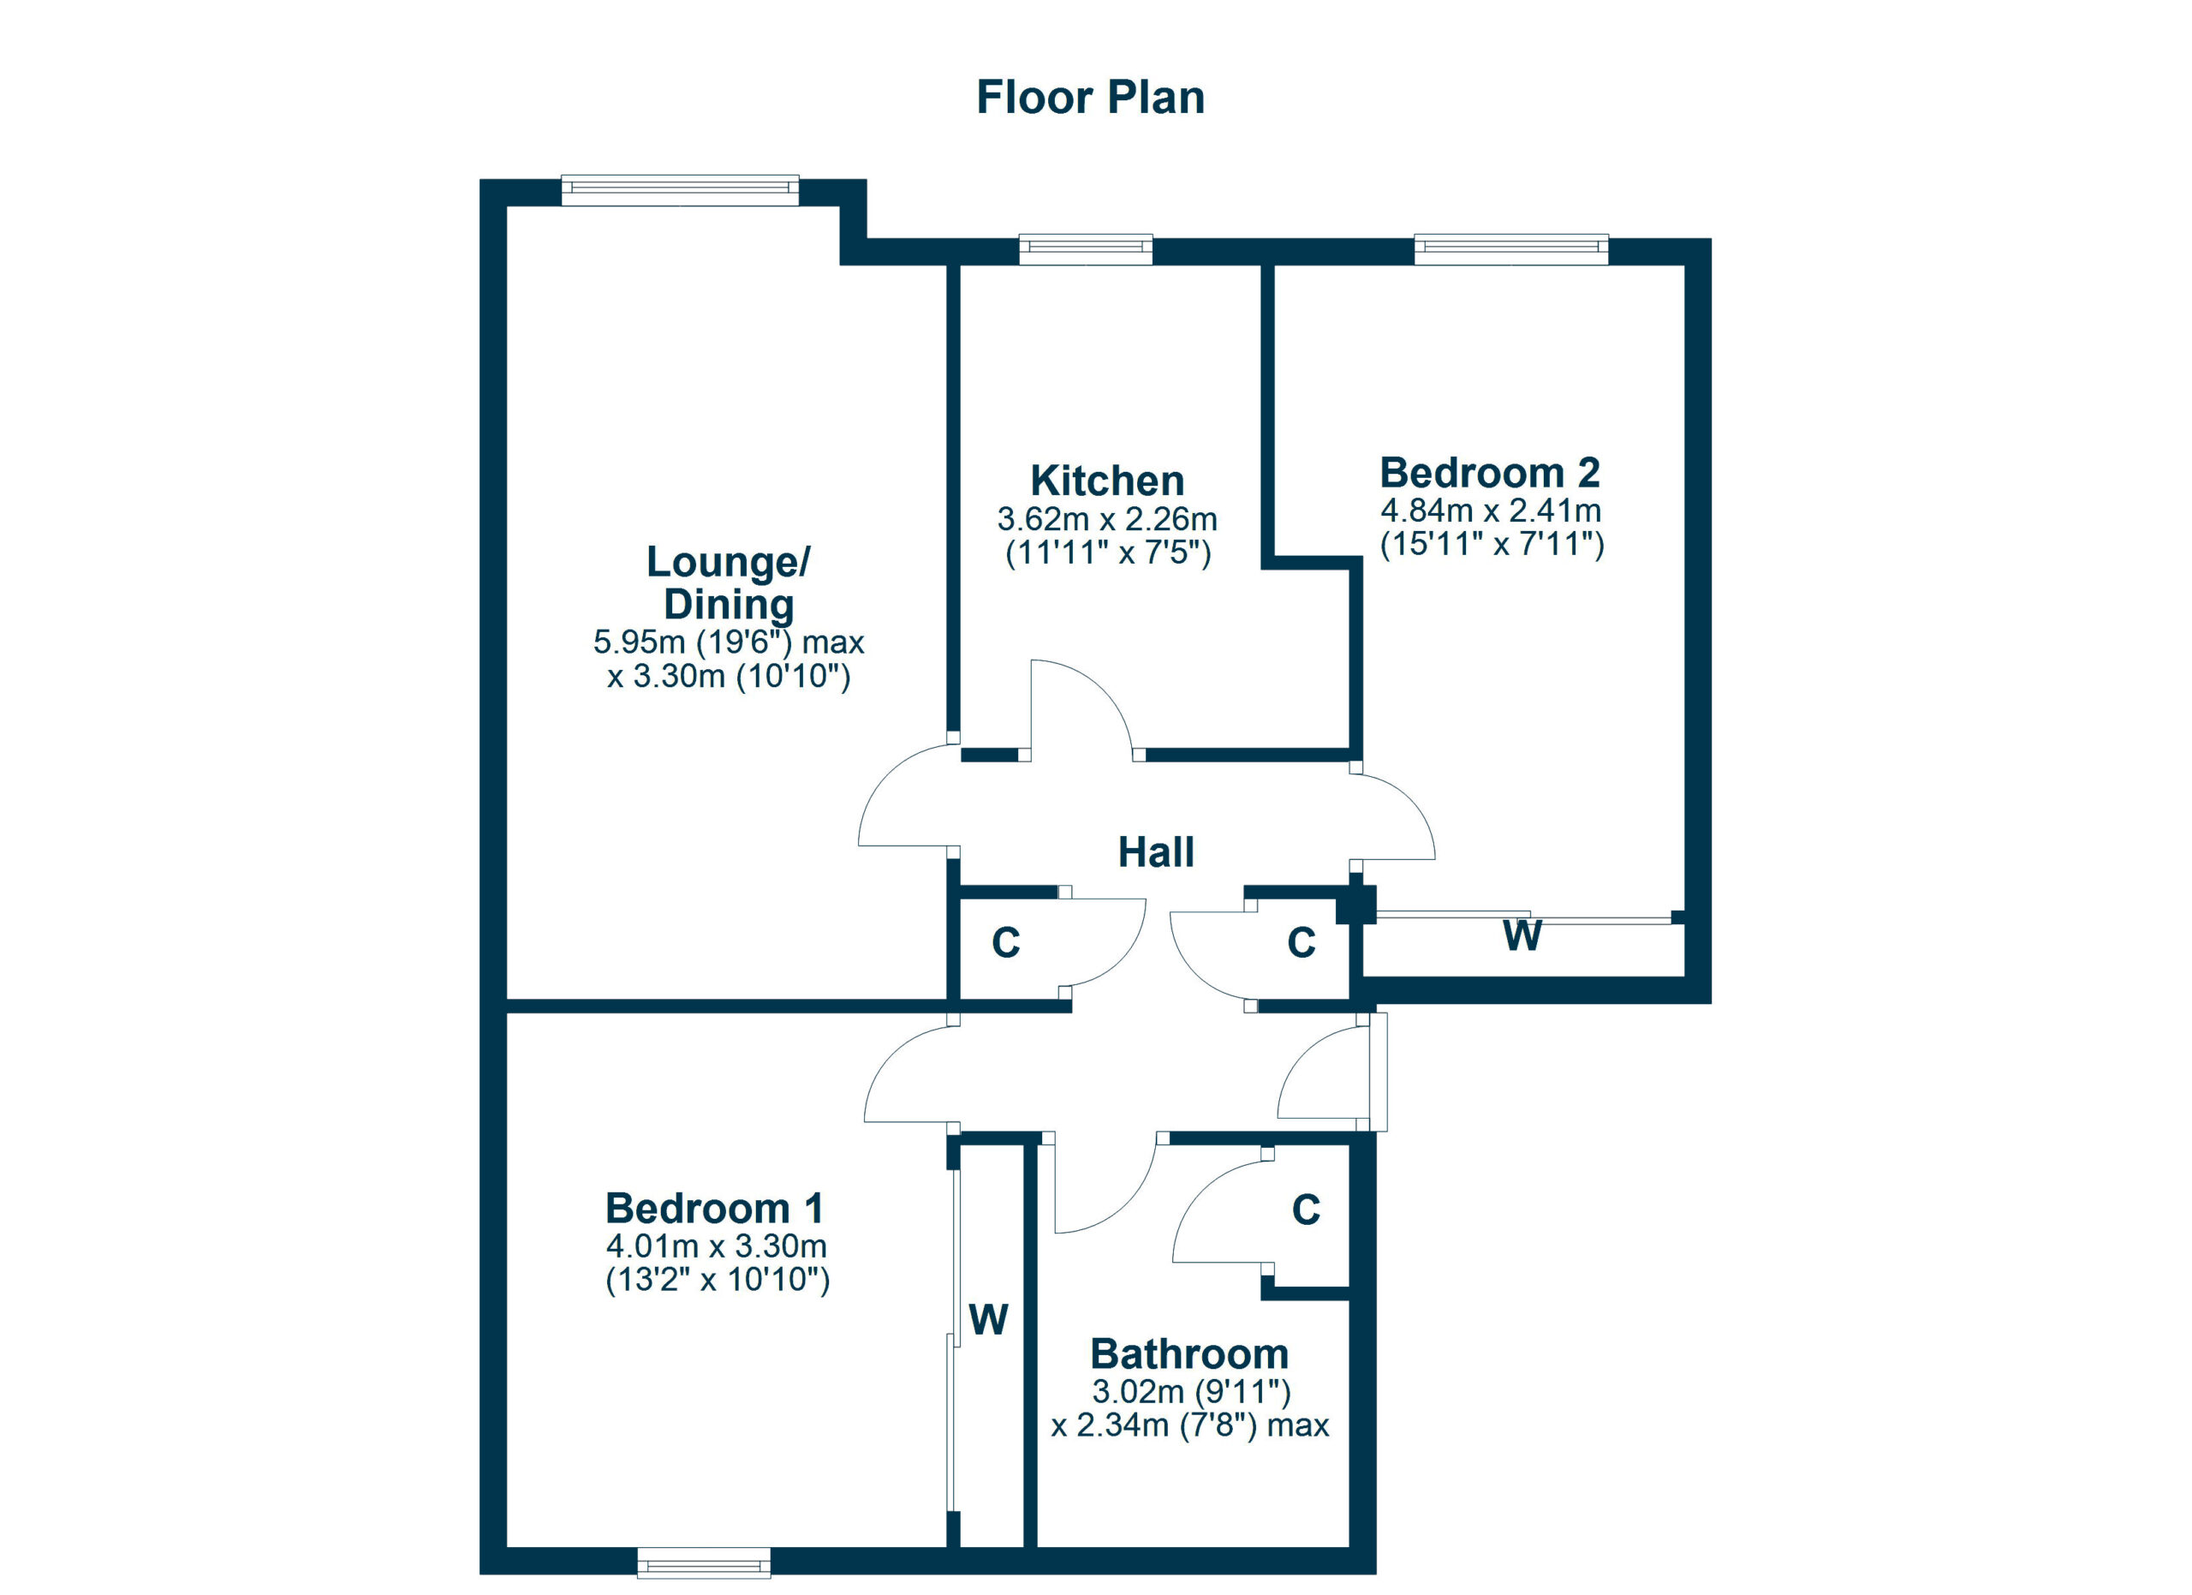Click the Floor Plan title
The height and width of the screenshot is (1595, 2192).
[x=1090, y=98]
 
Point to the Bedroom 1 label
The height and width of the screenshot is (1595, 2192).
[x=714, y=1209]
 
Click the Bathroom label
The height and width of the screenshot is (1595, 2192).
[x=1188, y=1353]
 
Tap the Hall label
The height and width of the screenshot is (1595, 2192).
[x=1156, y=851]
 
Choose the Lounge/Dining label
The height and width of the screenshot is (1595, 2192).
[x=729, y=582]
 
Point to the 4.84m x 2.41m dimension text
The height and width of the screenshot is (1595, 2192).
[x=1491, y=510]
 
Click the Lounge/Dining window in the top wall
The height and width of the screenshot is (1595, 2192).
[x=681, y=190]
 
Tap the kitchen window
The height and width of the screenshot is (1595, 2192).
[x=1087, y=249]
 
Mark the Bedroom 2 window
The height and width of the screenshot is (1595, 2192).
[x=1511, y=249]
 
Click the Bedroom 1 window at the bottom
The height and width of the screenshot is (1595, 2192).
[x=704, y=1563]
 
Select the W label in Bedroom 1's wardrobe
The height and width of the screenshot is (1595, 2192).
[x=988, y=1319]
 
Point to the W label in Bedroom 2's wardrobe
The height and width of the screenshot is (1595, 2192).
[x=1522, y=935]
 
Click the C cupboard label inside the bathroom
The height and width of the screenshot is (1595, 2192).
[x=1306, y=1210]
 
